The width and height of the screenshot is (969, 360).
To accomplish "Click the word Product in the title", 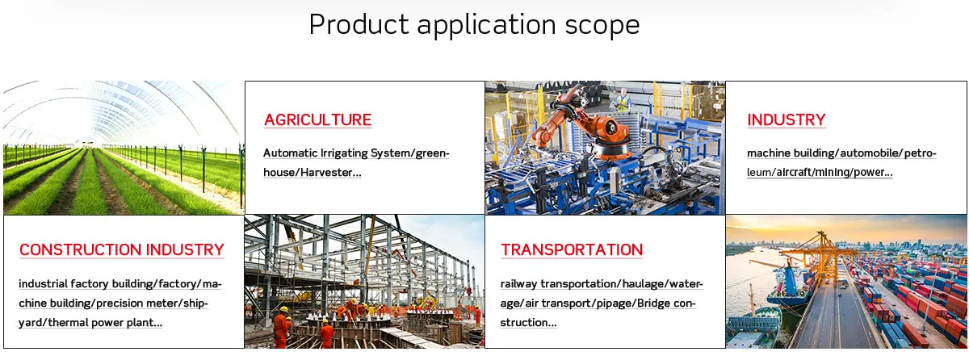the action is [x=359, y=24].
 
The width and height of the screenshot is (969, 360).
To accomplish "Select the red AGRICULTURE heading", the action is [x=317, y=119].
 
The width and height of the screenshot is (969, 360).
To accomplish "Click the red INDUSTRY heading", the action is [x=786, y=119].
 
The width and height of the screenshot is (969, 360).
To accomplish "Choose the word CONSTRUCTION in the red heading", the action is [x=80, y=249].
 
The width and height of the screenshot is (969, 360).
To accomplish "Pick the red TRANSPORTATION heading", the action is [x=572, y=249].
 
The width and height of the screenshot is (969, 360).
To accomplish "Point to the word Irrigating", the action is [x=344, y=153].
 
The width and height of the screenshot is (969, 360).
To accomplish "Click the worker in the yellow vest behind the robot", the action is [x=623, y=100].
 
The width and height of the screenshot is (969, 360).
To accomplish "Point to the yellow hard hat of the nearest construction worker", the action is [x=283, y=309].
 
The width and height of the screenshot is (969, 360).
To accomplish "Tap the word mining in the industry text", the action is [x=833, y=173].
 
